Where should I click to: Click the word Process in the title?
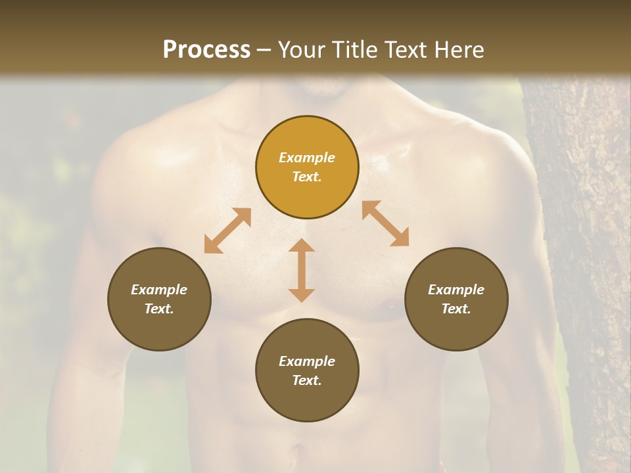coord(206,50)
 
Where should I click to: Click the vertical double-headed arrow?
coord(302,270)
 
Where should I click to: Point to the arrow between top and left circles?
coord(227,231)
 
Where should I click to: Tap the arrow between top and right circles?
coord(385,223)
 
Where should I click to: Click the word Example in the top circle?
coord(307,158)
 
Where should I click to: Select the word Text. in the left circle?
coord(159,309)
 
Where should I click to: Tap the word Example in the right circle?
coord(456,290)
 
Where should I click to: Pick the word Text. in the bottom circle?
coord(307,380)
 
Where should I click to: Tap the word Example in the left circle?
coord(159,290)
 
